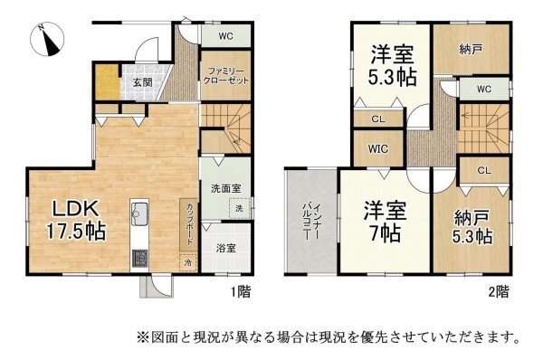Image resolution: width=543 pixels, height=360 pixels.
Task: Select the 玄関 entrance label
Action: [x=143, y=82]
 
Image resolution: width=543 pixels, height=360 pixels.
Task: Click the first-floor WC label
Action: [x=226, y=37]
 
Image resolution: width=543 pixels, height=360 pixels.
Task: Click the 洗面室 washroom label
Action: [x=225, y=191]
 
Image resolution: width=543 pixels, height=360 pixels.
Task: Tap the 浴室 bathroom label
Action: [x=225, y=247]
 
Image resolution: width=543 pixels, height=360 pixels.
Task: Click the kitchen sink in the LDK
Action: [x=141, y=215]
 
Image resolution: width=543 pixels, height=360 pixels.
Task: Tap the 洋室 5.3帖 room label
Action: [x=391, y=65]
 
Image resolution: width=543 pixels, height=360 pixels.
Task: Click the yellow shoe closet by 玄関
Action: [x=110, y=83]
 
